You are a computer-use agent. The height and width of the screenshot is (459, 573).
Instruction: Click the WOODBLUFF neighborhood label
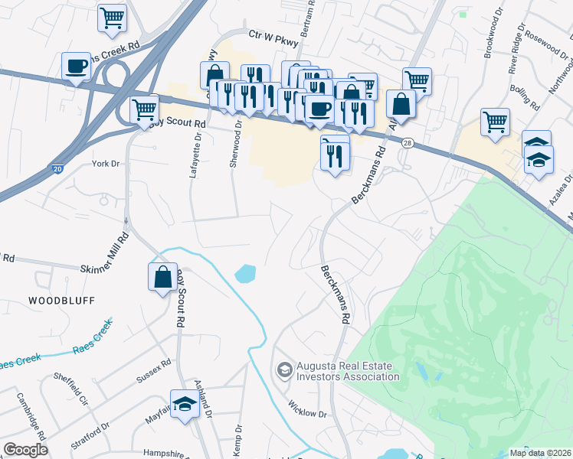coord(62,301)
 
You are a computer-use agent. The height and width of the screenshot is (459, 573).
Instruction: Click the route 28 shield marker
coord(408,143)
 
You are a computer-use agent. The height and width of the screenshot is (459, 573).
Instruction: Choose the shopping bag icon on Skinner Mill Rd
coord(163,277)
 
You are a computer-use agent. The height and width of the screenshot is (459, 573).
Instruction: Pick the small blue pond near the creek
coord(246,273)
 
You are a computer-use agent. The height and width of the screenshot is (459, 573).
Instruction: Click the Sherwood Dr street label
coord(238,136)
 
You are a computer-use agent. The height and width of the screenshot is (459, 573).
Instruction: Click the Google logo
coord(25,450)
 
